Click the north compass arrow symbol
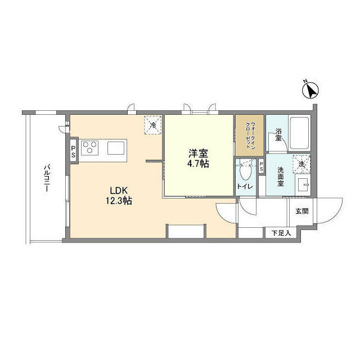(310, 90)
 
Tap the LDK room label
(119, 191)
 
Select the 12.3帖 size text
(119, 201)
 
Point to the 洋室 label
(198, 154)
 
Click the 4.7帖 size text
(198, 164)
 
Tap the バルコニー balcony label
(47, 178)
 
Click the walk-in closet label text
(250, 135)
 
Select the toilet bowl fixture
(245, 171)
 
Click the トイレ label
(245, 187)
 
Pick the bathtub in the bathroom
(299, 133)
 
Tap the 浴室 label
(278, 134)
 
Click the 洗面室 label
(281, 176)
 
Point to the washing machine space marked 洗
(301, 164)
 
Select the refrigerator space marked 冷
(152, 125)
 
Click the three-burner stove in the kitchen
(90, 148)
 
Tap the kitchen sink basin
(116, 148)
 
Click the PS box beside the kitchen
(73, 151)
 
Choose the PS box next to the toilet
(262, 166)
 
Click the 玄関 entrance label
(302, 211)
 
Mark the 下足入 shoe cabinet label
(281, 233)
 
